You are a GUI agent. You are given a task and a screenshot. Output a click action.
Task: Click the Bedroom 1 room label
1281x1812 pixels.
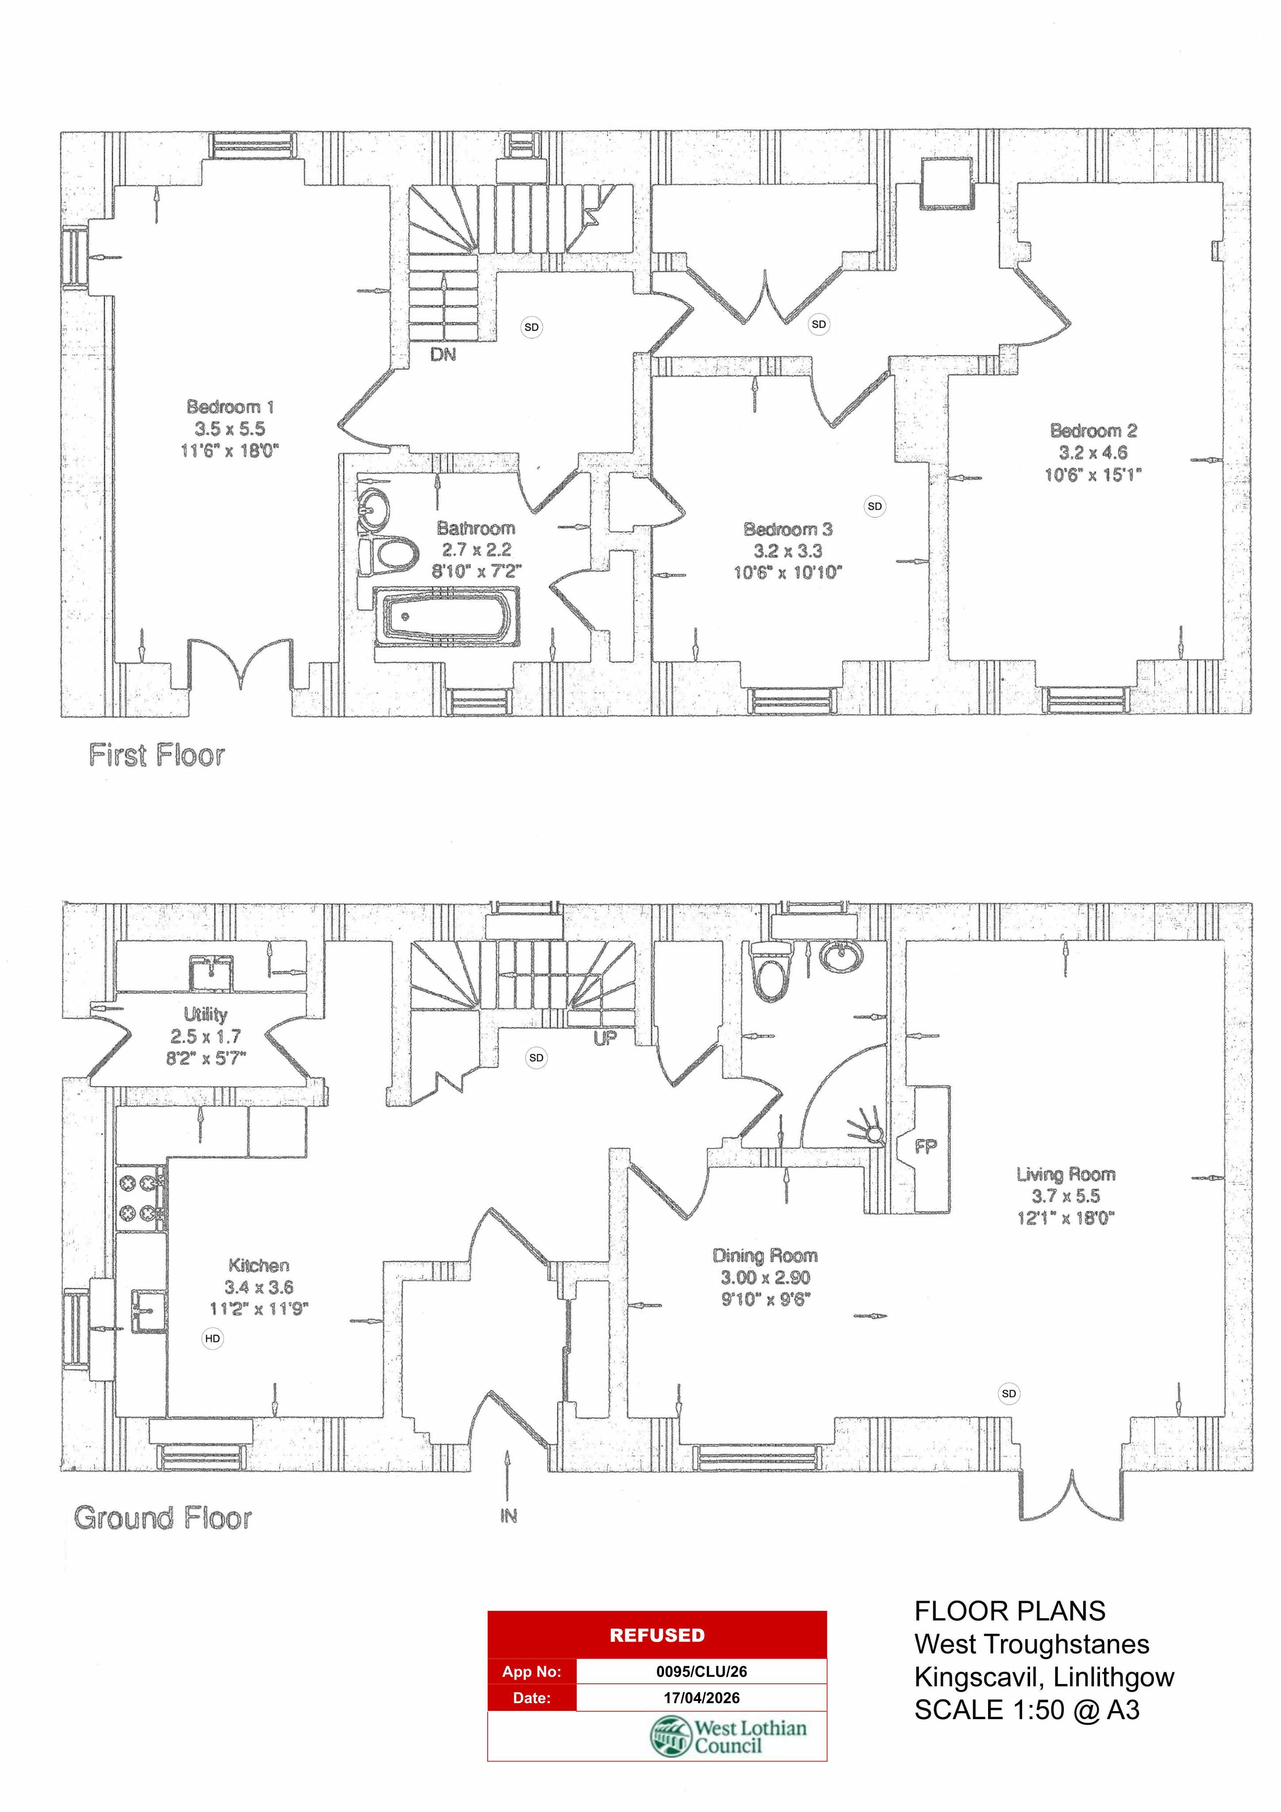click(x=230, y=407)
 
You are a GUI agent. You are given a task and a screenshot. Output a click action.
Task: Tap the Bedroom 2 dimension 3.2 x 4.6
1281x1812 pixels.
click(x=1093, y=453)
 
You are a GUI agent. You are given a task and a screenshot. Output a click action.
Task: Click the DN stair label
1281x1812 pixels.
click(x=443, y=355)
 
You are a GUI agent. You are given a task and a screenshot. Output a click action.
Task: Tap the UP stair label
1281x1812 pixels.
click(x=605, y=1039)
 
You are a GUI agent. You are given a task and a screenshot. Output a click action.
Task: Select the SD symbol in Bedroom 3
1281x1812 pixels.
click(x=874, y=507)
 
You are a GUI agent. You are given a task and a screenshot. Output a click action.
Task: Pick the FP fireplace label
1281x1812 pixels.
click(x=926, y=1146)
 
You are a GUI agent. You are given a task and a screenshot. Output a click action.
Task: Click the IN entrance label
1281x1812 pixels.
click(x=508, y=1516)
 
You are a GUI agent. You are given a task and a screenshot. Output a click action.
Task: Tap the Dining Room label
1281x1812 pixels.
click(x=765, y=1255)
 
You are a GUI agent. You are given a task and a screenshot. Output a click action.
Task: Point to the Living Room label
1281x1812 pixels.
click(x=1066, y=1175)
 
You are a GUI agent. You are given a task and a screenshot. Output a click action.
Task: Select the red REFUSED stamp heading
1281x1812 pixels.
click(x=657, y=1635)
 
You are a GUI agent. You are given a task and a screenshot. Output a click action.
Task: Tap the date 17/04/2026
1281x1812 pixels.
click(x=702, y=1697)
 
